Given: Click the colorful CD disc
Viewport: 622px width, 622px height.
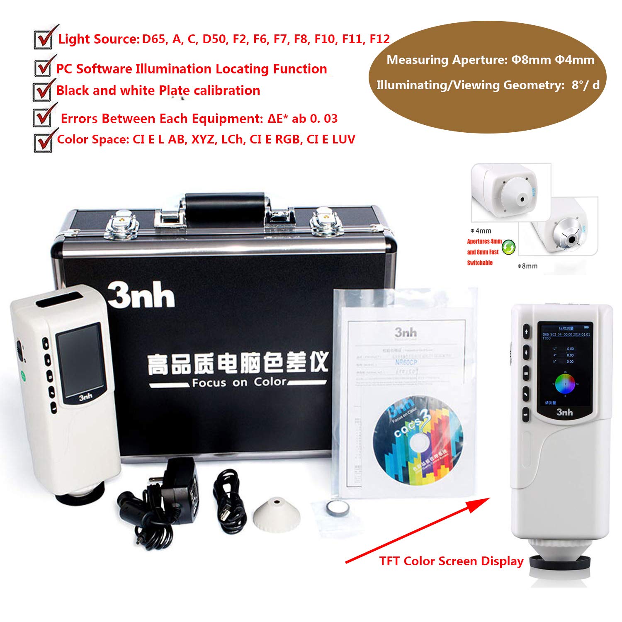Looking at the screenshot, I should click(418, 441).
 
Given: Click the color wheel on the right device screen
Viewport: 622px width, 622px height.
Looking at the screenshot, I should click(565, 384).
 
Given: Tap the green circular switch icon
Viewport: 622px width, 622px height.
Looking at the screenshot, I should click(508, 248).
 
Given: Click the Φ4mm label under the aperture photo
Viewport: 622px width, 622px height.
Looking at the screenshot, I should click(481, 231).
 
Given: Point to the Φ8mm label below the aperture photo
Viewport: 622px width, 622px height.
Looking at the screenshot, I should click(527, 266).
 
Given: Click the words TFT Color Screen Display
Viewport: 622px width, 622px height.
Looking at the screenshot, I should click(451, 561).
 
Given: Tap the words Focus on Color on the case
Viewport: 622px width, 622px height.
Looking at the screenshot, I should click(239, 382).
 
